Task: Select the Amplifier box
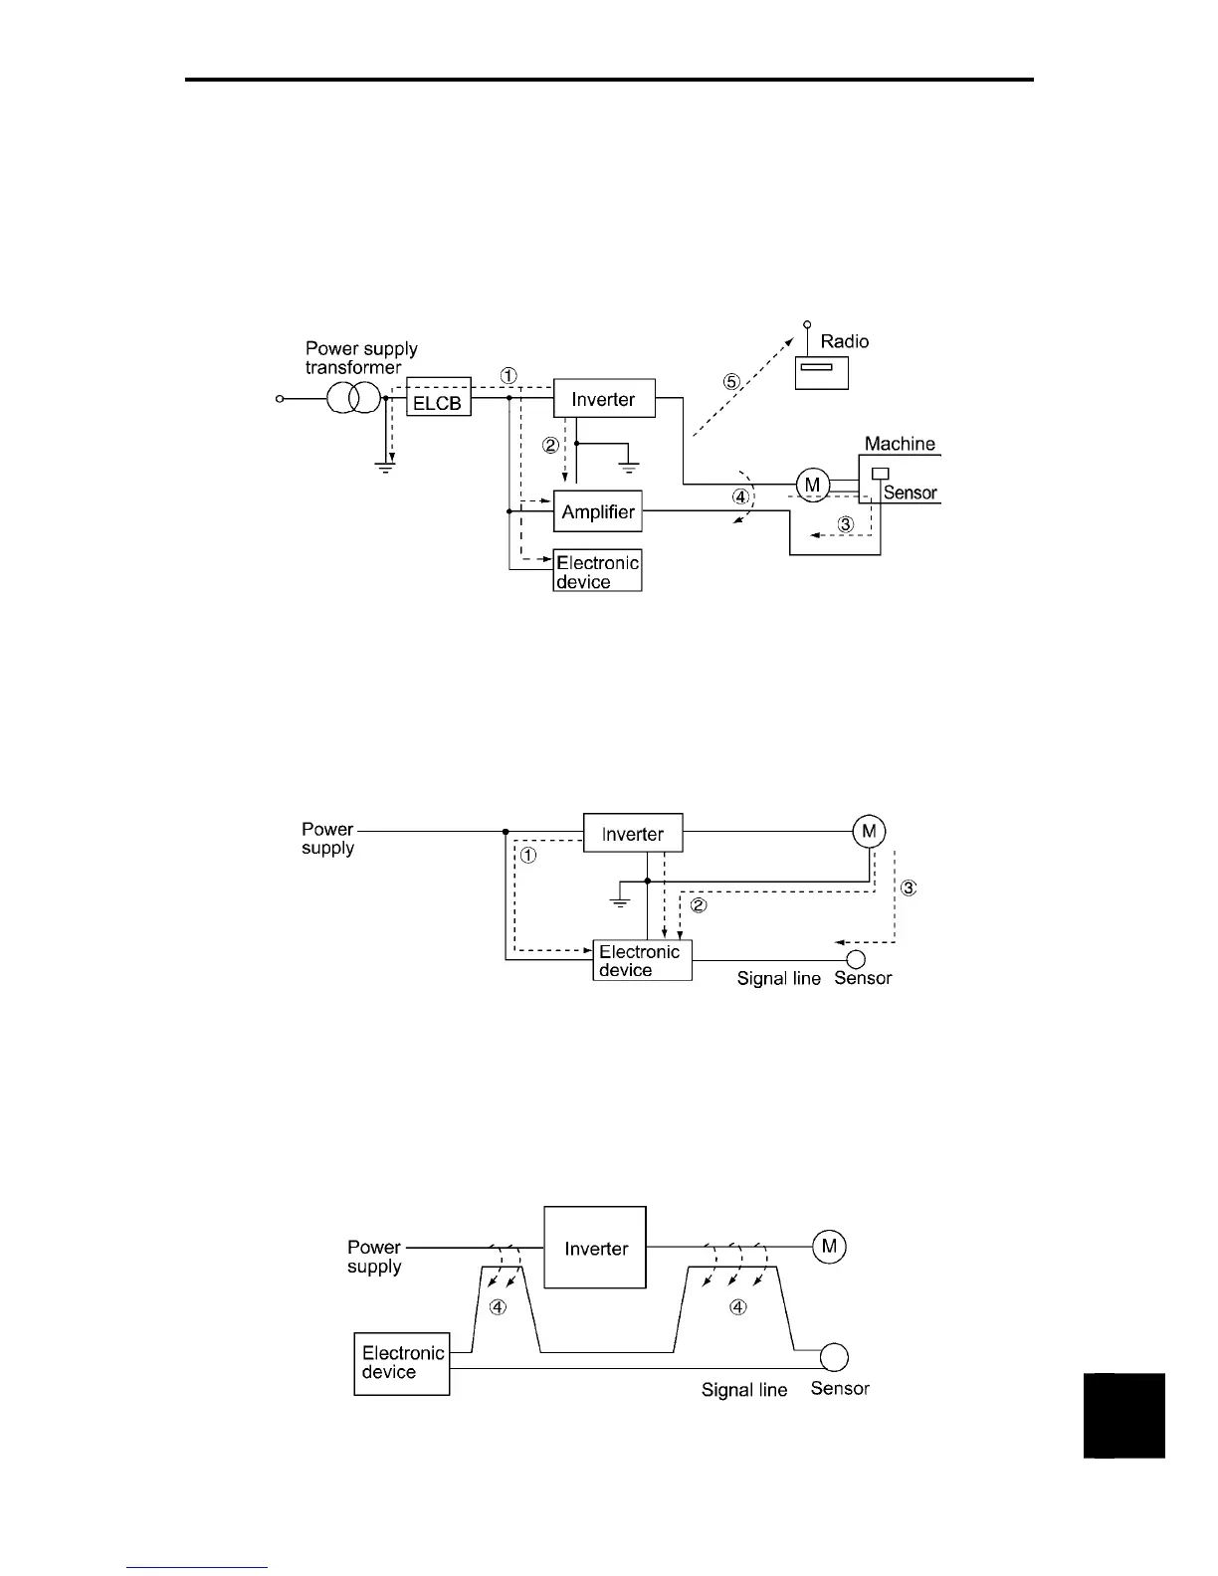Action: (598, 511)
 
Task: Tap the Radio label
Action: (844, 341)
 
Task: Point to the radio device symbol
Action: (822, 372)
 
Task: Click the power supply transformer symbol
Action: (353, 399)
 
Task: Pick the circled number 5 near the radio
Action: (731, 381)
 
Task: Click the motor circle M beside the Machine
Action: (813, 485)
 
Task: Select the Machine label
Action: (900, 444)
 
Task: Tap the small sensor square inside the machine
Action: (880, 474)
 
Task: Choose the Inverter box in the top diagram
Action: (603, 399)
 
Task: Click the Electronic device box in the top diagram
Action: (597, 571)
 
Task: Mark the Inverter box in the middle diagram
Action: (633, 833)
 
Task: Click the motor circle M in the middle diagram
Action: (869, 831)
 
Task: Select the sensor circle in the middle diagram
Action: (855, 959)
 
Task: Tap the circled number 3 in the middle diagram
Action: (908, 887)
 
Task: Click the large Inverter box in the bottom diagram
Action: (595, 1248)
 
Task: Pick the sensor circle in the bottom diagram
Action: (833, 1357)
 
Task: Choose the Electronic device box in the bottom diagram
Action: (402, 1364)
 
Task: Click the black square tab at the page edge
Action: (1123, 1415)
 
